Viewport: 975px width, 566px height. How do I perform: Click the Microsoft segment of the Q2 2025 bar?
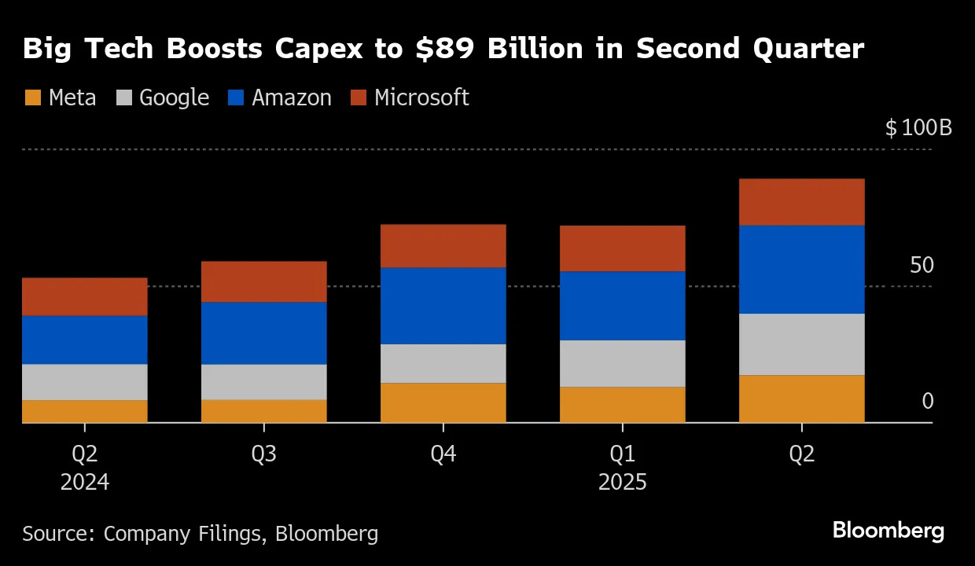click(801, 202)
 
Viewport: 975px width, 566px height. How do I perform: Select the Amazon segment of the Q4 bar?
click(443, 306)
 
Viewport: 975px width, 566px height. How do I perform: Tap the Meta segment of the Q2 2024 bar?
click(84, 411)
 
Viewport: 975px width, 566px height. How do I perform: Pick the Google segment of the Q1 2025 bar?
click(622, 363)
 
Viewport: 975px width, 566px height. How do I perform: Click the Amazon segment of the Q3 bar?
click(263, 333)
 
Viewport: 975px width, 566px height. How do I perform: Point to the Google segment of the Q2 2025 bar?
click(801, 344)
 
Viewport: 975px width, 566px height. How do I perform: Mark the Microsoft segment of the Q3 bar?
click(263, 281)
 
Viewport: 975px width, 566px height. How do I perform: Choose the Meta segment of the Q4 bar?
click(443, 402)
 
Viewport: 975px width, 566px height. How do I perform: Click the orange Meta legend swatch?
click(32, 98)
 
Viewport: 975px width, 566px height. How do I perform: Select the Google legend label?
click(174, 97)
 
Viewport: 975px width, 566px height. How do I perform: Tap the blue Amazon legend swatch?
click(236, 98)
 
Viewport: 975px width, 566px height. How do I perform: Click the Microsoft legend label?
click(421, 97)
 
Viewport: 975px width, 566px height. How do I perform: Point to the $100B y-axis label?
click(918, 127)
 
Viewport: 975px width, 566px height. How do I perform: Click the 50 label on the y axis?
click(922, 265)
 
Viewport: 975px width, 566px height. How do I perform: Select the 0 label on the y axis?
click(927, 402)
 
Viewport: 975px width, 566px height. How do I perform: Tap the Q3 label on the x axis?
click(263, 455)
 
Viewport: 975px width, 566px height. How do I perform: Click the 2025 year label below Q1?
click(622, 482)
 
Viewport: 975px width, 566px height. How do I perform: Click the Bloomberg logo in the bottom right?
click(889, 531)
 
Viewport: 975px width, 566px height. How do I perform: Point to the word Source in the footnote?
click(56, 534)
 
